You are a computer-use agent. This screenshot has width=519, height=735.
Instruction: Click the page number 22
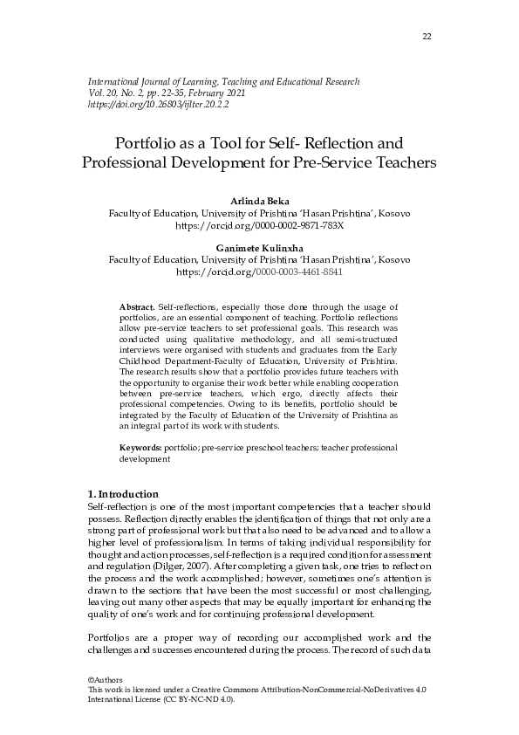426,37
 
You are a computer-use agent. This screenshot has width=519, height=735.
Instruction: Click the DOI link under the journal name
159,104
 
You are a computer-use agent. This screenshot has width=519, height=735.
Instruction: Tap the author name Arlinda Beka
259,203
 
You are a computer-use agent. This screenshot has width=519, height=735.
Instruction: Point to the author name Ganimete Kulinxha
259,249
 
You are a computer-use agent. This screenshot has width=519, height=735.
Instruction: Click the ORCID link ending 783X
259,225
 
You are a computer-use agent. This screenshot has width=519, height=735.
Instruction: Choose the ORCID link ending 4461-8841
259,271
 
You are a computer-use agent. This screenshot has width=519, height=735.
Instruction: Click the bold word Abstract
136,307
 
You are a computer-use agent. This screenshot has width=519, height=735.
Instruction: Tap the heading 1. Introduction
124,493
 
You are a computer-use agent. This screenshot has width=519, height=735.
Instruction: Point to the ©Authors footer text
106,679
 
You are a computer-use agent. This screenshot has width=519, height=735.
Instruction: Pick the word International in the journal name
116,81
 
